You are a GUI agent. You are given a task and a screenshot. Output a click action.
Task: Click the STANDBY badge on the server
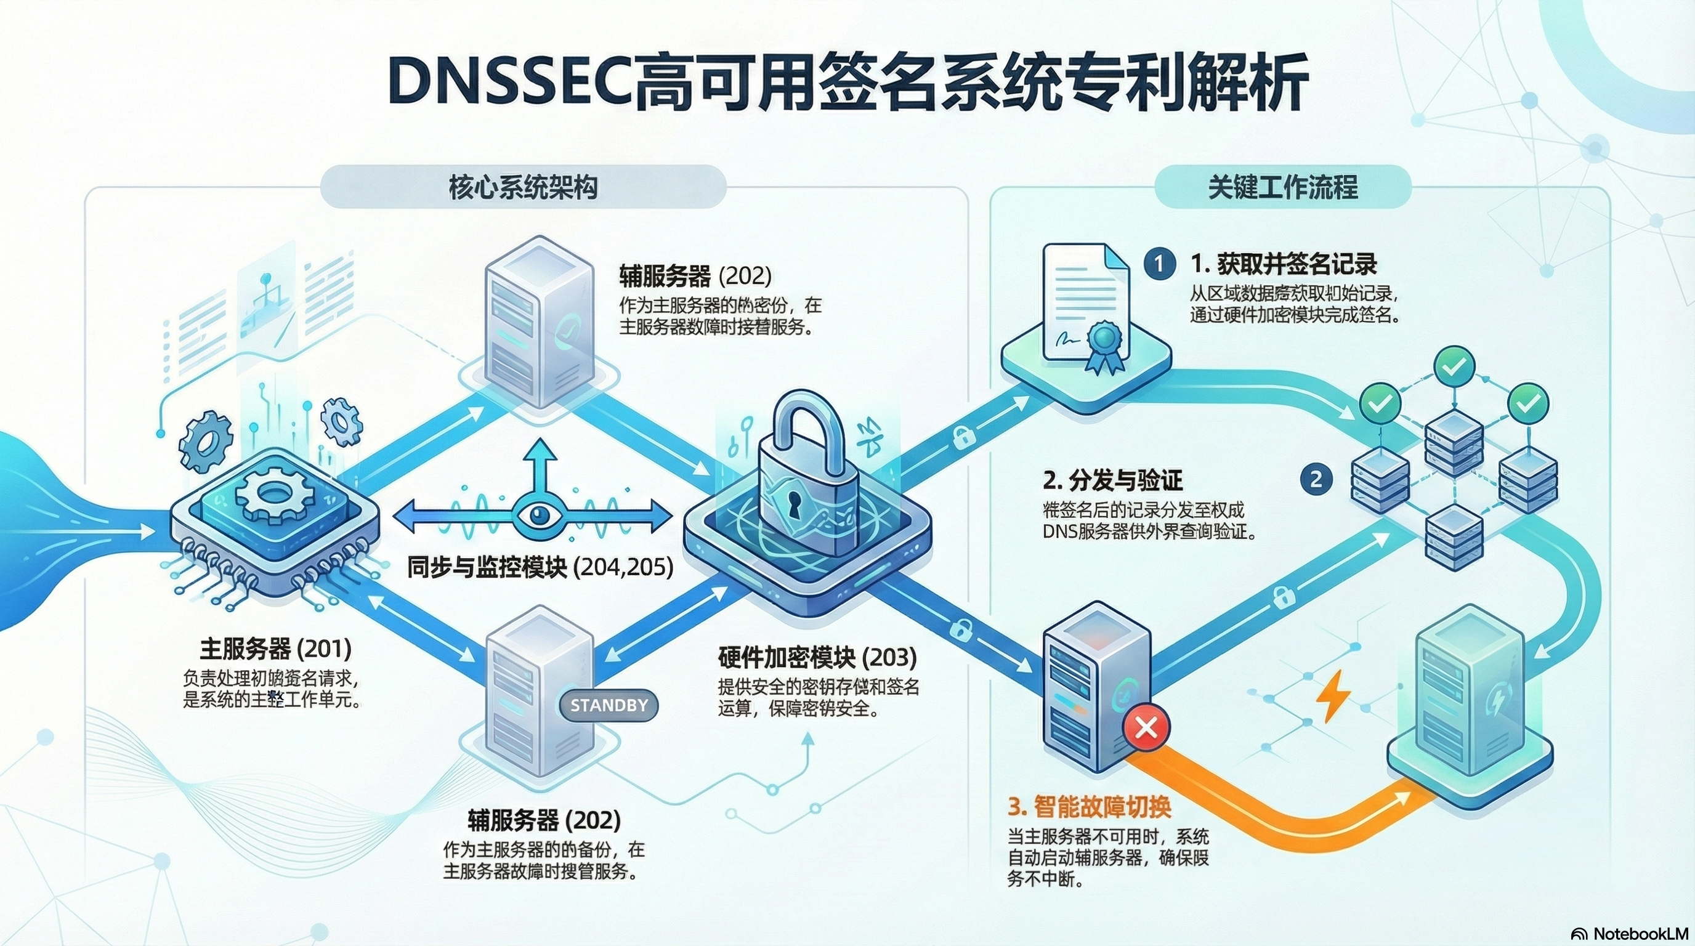[x=608, y=705]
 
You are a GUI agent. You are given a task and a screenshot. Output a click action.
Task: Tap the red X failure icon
[x=1146, y=727]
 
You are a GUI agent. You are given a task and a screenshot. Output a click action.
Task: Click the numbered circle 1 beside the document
[x=1159, y=264]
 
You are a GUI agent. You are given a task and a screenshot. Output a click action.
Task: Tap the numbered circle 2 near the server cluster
[x=1316, y=479]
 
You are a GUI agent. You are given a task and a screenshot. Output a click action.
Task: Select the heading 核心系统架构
[x=523, y=187]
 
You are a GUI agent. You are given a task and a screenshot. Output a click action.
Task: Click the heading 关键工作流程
[x=1282, y=187]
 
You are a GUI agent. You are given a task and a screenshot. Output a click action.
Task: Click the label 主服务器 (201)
[x=276, y=649]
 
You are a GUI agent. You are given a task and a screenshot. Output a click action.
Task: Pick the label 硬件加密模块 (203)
[x=817, y=657]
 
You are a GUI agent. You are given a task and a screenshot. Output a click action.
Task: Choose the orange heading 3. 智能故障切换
[x=1089, y=807]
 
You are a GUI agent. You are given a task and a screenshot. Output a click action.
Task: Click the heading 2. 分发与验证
[x=1112, y=480]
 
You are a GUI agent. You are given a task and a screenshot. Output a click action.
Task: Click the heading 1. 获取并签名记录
[x=1284, y=264]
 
